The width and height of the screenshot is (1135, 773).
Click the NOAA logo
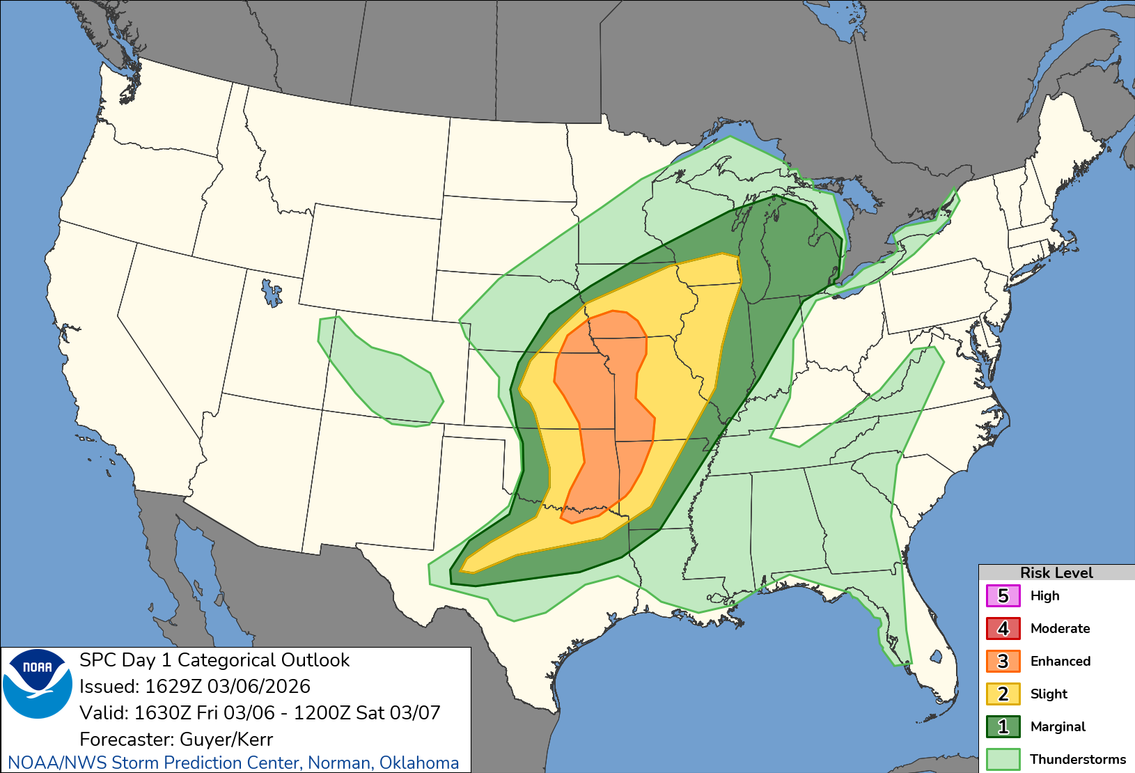[x=38, y=683]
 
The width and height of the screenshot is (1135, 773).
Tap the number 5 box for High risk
[x=1003, y=596]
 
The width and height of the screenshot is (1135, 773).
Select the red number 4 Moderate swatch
[x=1003, y=629]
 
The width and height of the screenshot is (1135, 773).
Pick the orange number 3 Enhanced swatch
[x=1003, y=662]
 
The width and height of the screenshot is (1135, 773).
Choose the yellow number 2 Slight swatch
[x=1003, y=694]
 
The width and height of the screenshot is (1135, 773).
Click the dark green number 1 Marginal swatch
[x=1003, y=727]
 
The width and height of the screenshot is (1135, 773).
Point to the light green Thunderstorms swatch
[x=1003, y=759]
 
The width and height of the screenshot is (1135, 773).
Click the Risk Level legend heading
[x=1056, y=572]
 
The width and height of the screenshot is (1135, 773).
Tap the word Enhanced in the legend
[x=1060, y=662]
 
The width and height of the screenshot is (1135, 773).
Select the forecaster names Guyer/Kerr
[x=226, y=740]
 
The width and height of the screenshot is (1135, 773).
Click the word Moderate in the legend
[x=1060, y=629]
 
